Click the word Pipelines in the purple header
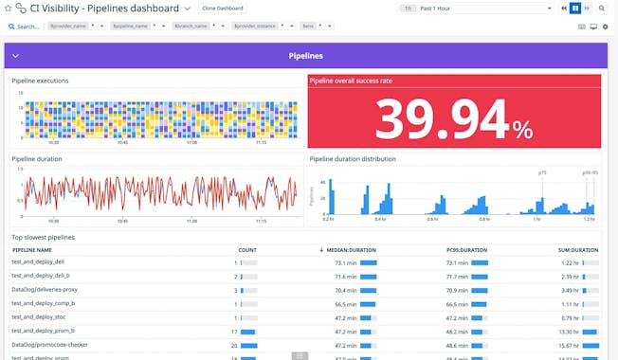point(306,56)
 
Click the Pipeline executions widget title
point(40,81)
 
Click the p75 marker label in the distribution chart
point(542,173)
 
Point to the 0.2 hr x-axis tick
point(328,219)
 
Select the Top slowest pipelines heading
point(43,237)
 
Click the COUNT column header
point(247,250)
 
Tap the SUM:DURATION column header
point(577,250)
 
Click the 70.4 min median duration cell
point(344,290)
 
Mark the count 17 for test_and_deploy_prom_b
point(234,332)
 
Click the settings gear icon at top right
point(606,27)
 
